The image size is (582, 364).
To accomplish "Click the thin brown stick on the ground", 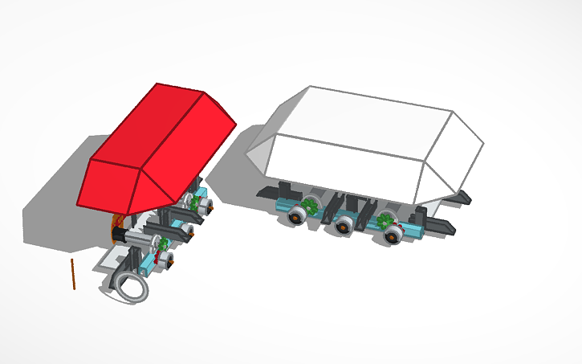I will (72, 274).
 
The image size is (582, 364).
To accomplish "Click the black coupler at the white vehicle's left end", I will (267, 191).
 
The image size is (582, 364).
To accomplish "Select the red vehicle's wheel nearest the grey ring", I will (164, 260).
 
